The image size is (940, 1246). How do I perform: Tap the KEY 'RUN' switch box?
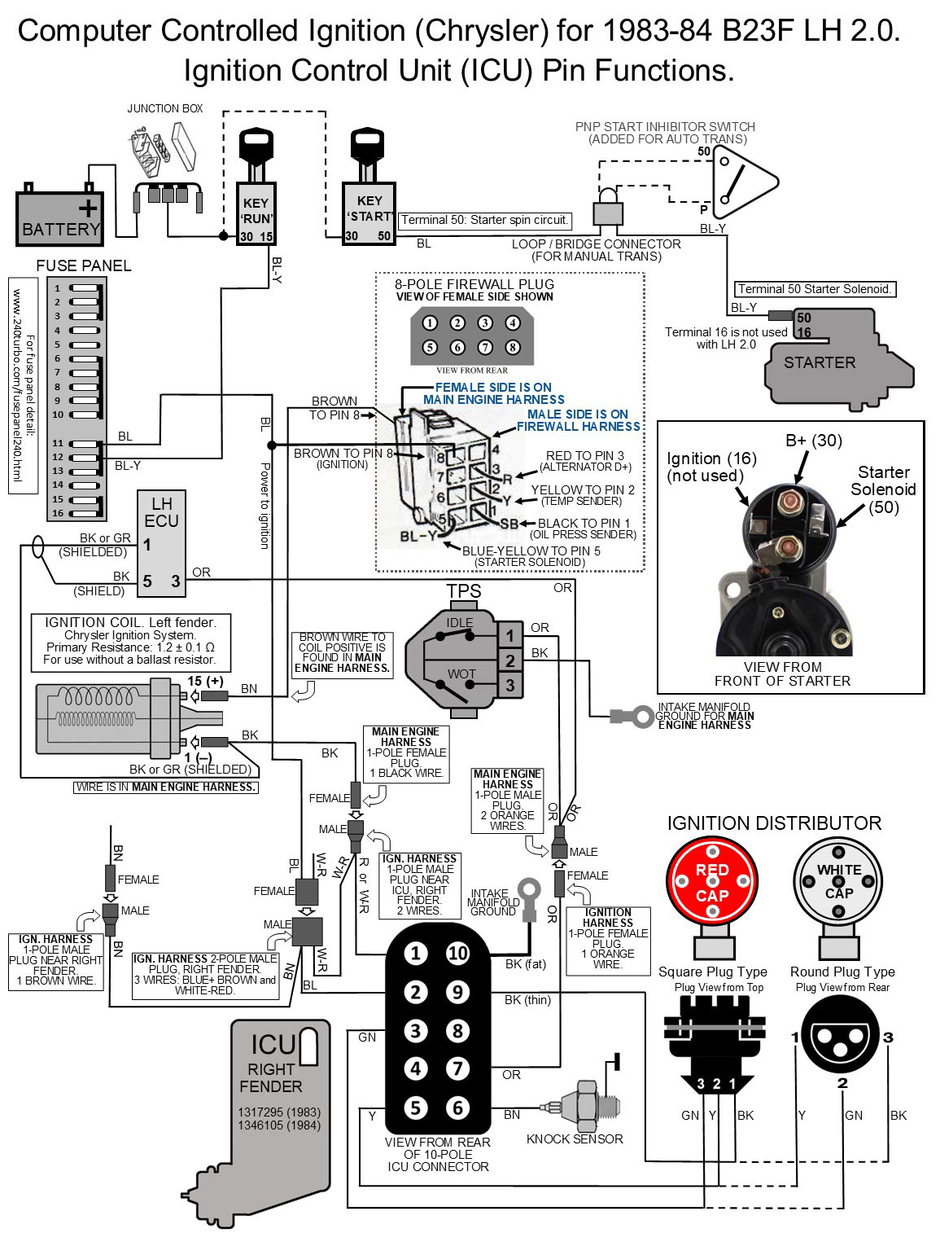coord(256,215)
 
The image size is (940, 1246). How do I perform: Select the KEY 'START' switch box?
coord(369,215)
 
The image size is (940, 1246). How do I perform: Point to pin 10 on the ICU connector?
coord(457,953)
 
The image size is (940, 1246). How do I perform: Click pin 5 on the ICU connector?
coord(416,1108)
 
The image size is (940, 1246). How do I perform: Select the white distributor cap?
coord(838,884)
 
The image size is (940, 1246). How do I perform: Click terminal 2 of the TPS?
coord(510,660)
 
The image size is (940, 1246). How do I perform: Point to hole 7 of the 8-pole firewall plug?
coord(485,348)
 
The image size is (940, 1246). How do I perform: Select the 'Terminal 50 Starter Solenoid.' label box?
coord(815,289)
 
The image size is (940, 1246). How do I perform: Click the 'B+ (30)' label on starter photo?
coord(813,441)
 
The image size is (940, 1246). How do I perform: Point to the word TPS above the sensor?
coord(463,591)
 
